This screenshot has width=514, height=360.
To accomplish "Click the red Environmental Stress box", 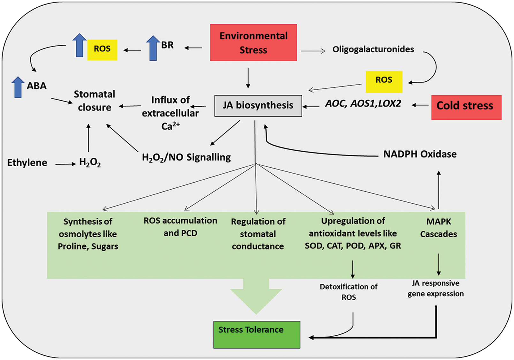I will point(253,42).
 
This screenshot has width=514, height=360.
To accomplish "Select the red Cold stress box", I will point(466,108).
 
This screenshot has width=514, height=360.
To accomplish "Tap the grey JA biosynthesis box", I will point(258,106).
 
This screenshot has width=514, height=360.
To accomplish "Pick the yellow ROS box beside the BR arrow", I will point(102,50).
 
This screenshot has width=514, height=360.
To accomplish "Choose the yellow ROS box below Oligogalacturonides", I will point(384,82).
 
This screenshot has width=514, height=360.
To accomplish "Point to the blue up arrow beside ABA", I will point(18,87).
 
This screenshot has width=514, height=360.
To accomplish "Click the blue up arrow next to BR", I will point(153,48).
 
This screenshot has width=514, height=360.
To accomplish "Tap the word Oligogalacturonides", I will point(373,49).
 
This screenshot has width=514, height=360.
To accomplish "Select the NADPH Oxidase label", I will point(420,154).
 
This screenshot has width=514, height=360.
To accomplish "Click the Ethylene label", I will point(27,163).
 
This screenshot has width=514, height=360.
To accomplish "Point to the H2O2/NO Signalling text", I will point(186,157).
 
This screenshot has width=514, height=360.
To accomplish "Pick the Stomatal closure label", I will point(94,101).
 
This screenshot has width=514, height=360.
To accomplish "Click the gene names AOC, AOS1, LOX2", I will point(363,104).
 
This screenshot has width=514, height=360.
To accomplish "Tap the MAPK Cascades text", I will point(438,228).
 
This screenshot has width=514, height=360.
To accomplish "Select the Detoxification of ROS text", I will point(348,292).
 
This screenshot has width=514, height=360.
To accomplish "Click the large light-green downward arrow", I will point(256,295).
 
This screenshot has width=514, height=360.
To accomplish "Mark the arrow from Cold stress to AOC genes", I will point(420,105).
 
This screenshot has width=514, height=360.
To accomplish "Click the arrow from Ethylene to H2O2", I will point(65,164).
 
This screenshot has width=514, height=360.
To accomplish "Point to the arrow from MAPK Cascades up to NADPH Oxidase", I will point(439,190).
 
